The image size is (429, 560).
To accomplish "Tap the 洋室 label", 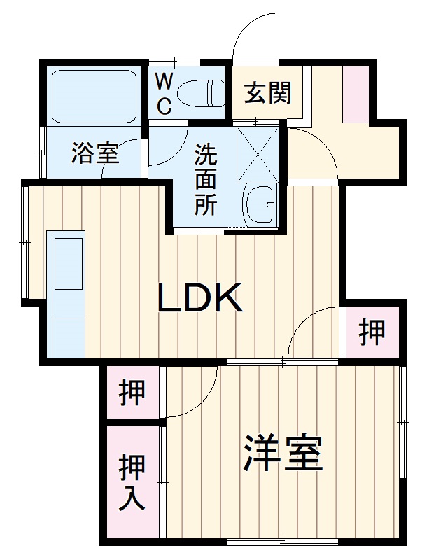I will point(283,453).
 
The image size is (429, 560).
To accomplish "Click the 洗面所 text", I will point(205,178).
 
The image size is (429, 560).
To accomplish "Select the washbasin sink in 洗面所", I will point(260,206).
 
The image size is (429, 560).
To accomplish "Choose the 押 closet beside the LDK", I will point(372,332).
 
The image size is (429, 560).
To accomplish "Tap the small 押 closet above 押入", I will point(132,392).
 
